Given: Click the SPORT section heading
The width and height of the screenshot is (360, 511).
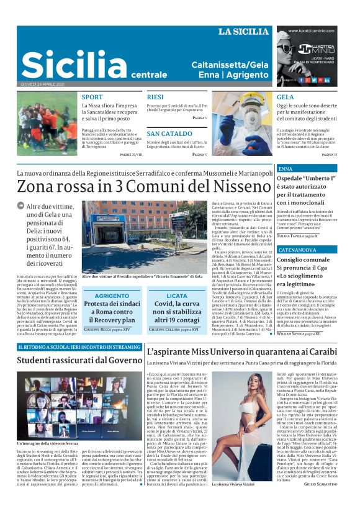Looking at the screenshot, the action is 92,97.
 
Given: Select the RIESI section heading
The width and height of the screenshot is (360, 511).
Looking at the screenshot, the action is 155,97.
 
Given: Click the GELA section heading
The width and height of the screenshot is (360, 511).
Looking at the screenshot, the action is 286,97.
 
